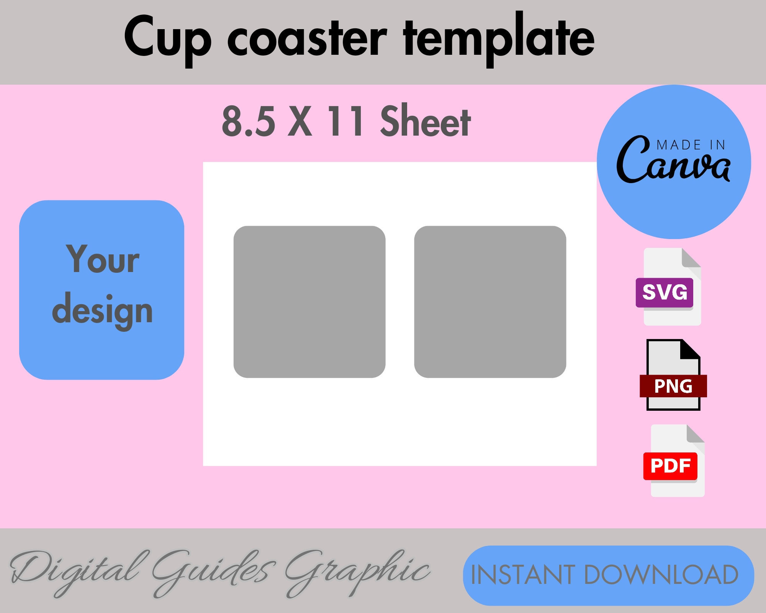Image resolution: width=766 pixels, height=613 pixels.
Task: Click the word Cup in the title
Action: coord(167,38)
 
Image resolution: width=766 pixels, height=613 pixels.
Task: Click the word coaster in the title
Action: coord(307,38)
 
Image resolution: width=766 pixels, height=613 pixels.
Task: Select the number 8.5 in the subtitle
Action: coord(249,121)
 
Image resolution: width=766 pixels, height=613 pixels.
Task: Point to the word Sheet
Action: coord(425,121)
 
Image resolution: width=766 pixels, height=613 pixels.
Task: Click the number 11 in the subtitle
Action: coord(345,121)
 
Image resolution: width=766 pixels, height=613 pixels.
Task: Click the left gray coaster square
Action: coord(309,302)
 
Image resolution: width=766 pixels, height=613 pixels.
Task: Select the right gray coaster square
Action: coord(490,302)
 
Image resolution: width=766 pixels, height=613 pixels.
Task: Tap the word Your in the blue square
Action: coord(103,260)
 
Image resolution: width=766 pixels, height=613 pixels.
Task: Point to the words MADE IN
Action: coord(691,145)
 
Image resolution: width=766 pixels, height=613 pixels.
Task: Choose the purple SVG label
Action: coord(665,292)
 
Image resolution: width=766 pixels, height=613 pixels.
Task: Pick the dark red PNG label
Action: coord(673,386)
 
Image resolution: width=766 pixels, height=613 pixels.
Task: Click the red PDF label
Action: coord(670,466)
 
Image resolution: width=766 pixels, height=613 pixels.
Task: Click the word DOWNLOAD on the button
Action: coord(661,575)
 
